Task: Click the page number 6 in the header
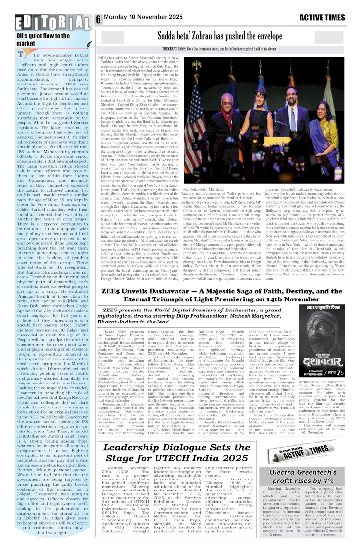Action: (98, 19)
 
